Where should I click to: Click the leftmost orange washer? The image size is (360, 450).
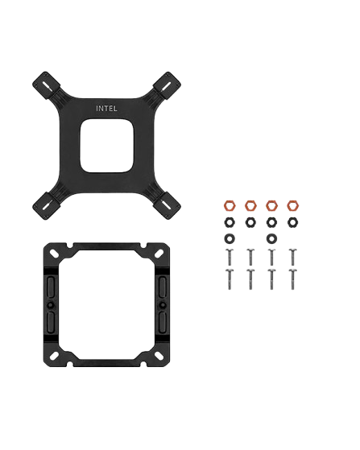point(229,204)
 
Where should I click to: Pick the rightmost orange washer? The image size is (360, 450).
point(291,204)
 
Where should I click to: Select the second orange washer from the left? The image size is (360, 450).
point(250,204)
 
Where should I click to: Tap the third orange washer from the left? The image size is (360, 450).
point(271,204)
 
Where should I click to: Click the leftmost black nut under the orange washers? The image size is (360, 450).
point(229,221)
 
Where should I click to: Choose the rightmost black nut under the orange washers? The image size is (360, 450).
point(291,221)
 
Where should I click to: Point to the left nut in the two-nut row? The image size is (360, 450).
point(229,239)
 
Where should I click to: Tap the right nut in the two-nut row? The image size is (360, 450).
point(271,239)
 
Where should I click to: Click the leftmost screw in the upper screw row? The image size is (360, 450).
point(229,257)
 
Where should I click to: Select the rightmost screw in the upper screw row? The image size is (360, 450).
point(291,257)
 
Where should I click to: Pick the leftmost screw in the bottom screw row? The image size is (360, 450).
point(229,279)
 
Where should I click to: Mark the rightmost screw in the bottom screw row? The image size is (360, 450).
point(291,279)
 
